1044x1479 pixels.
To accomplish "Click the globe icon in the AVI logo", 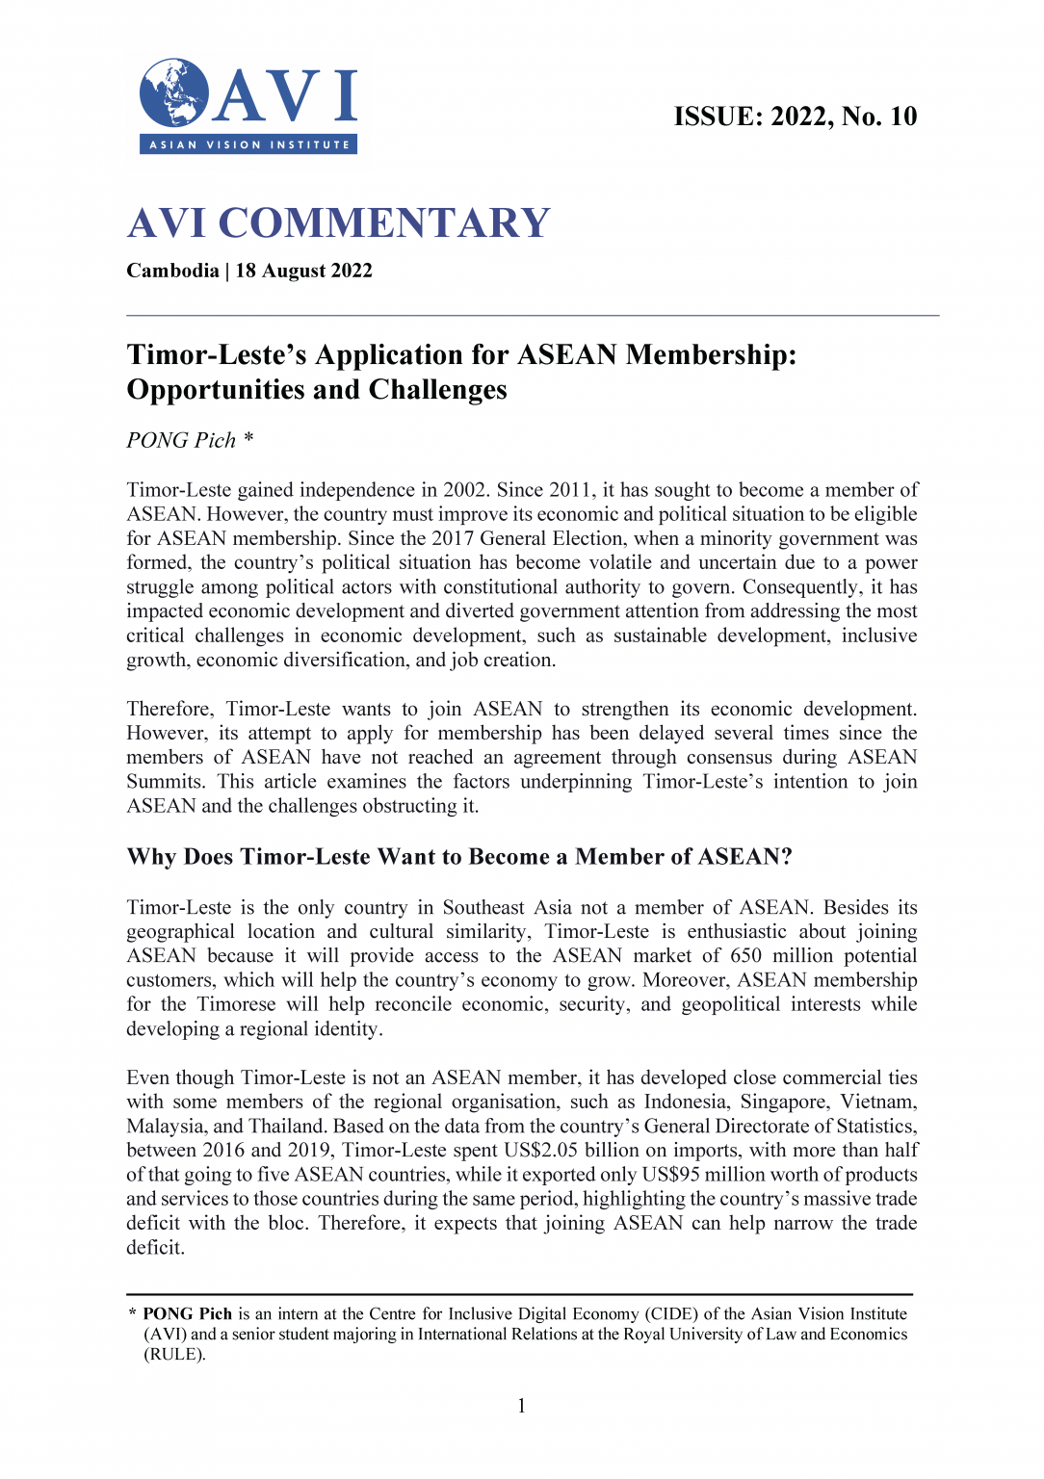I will click(173, 93).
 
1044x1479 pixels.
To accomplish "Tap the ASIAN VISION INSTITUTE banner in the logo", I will click(248, 144).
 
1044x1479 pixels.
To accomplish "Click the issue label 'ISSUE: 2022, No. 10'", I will click(795, 117).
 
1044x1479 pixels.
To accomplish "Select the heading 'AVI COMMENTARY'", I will click(338, 223).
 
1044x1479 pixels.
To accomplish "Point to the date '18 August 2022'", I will click(303, 271).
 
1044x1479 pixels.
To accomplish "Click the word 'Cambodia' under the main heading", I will click(172, 271).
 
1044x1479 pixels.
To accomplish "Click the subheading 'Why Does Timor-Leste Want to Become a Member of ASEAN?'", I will click(459, 857).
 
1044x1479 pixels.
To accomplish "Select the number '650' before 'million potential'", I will click(745, 955).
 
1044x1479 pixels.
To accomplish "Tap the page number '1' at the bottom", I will click(521, 1406).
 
